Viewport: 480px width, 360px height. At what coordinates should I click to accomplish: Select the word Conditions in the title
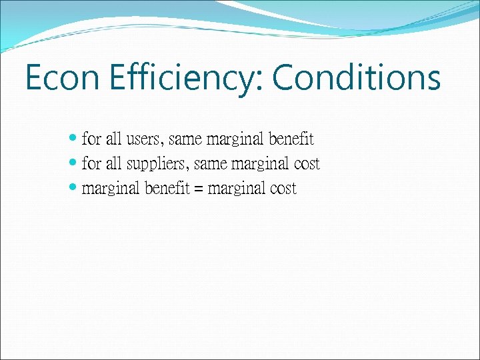point(356,79)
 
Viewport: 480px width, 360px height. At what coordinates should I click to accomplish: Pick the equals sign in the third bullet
point(199,189)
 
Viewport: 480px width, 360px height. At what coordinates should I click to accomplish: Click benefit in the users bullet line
point(291,139)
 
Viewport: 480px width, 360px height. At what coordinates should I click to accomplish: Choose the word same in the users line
point(186,139)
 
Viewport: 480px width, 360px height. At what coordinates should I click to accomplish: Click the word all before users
point(113,139)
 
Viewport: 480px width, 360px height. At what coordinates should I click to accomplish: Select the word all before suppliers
point(113,164)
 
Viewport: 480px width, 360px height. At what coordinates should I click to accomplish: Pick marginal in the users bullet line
point(235,139)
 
